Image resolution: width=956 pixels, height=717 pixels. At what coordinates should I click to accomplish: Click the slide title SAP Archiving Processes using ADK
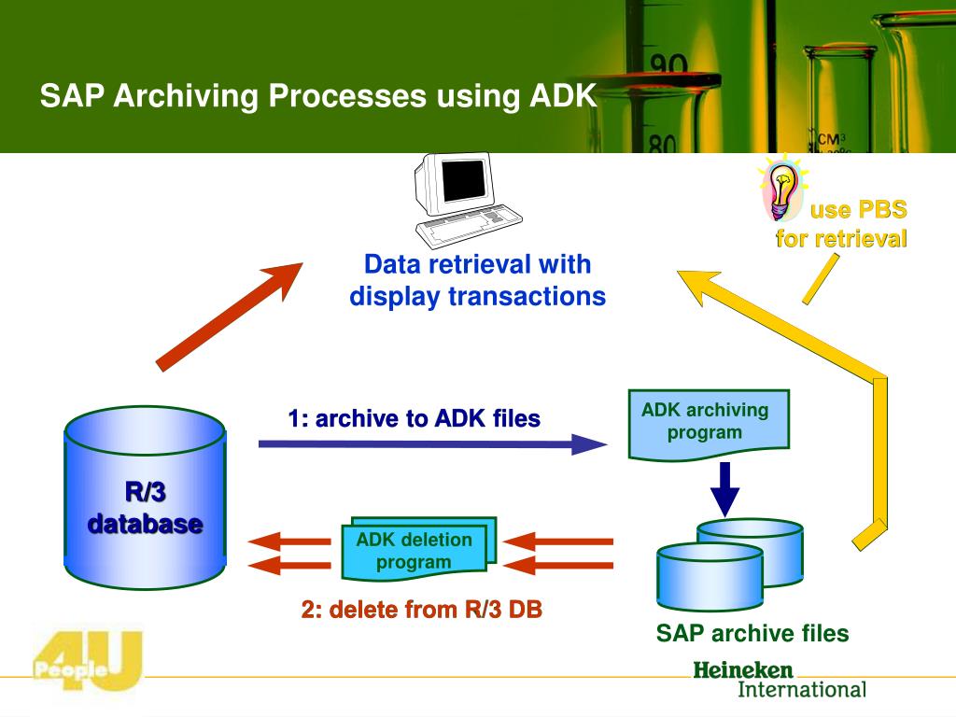[317, 96]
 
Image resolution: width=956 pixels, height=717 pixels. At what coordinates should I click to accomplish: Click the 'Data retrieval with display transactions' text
[477, 281]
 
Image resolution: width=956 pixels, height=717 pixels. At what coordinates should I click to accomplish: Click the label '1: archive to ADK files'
[414, 419]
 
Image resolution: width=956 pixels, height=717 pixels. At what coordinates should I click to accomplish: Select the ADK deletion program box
[416, 550]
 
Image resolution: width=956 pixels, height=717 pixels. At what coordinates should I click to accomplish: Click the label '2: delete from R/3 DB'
[421, 611]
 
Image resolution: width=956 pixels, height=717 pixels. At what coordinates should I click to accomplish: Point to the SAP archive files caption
[752, 635]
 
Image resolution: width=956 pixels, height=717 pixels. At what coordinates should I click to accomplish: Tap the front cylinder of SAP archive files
[710, 574]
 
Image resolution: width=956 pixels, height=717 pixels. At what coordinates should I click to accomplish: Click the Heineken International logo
[779, 681]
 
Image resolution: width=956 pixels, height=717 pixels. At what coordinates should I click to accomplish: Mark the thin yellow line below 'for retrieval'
[820, 278]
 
